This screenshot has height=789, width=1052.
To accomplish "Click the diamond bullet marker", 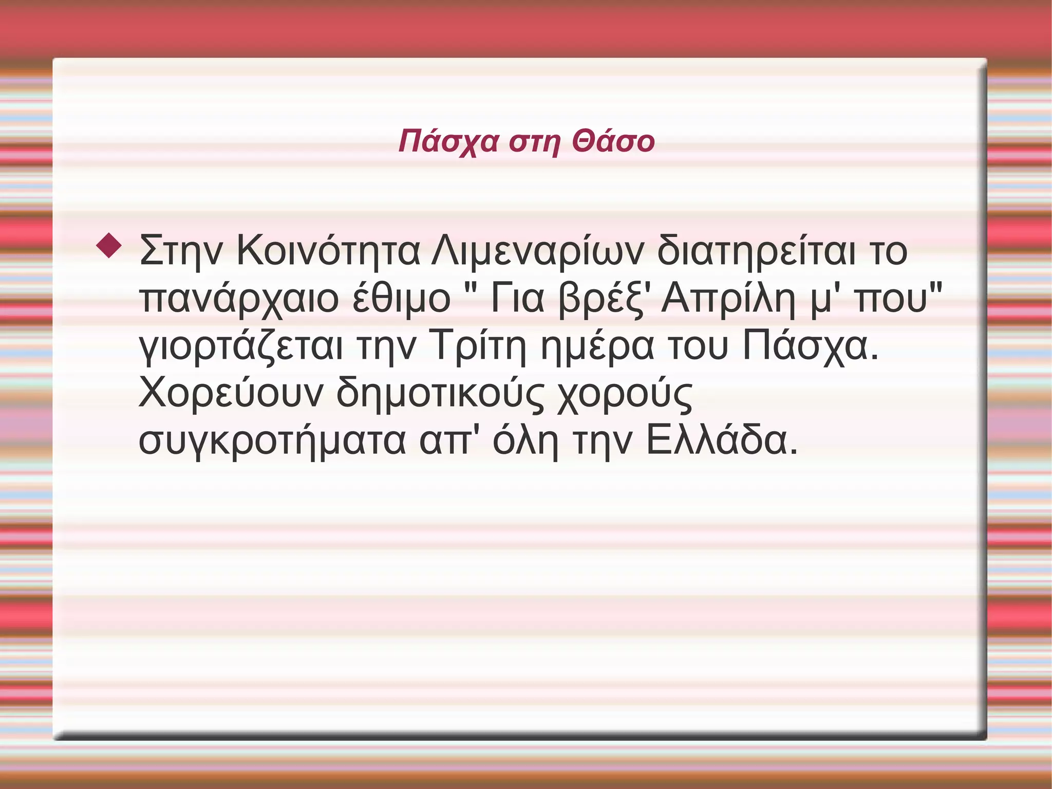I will click(x=109, y=245).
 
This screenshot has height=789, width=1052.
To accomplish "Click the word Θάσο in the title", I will click(x=613, y=141).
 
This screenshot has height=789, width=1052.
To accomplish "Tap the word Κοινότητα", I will click(x=328, y=251).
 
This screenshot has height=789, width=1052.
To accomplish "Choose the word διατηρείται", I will click(x=757, y=251).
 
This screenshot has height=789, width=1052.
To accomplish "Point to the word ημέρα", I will click(x=597, y=346).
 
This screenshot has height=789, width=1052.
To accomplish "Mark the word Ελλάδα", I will click(x=721, y=441).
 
